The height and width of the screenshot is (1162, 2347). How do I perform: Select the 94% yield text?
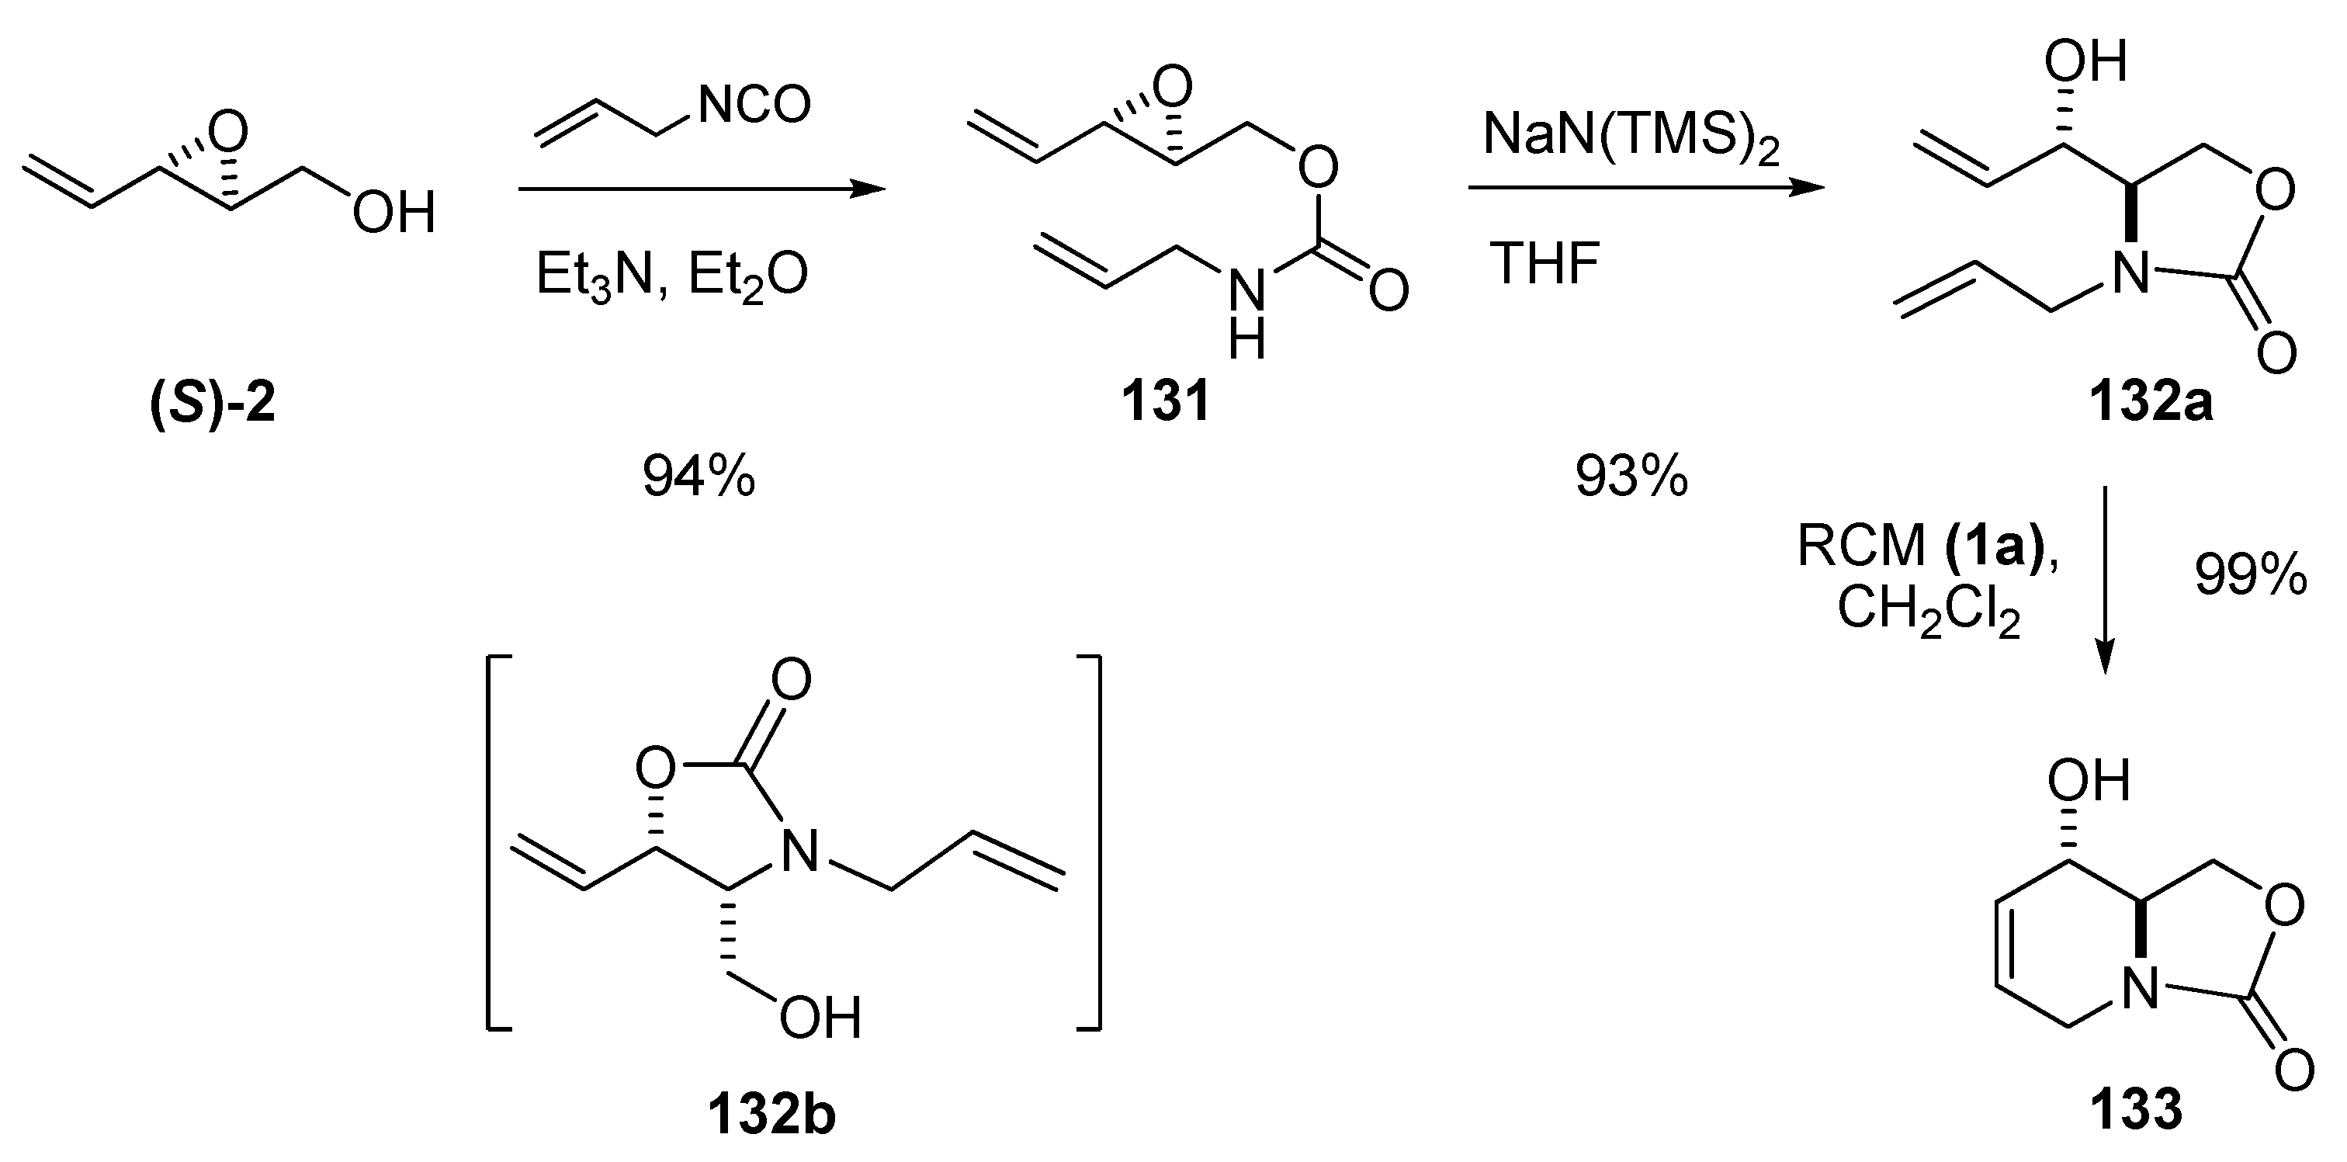699,476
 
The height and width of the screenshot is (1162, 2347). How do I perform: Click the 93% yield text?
1631,476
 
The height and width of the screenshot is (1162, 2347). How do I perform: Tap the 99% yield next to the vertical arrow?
2251,576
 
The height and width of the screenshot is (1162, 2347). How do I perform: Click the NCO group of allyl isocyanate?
754,106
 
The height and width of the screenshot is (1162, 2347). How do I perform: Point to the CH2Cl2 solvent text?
1929,609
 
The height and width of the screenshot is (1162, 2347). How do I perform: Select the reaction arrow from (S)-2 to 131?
701,189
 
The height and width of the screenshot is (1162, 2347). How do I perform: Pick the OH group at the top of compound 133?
2089,782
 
